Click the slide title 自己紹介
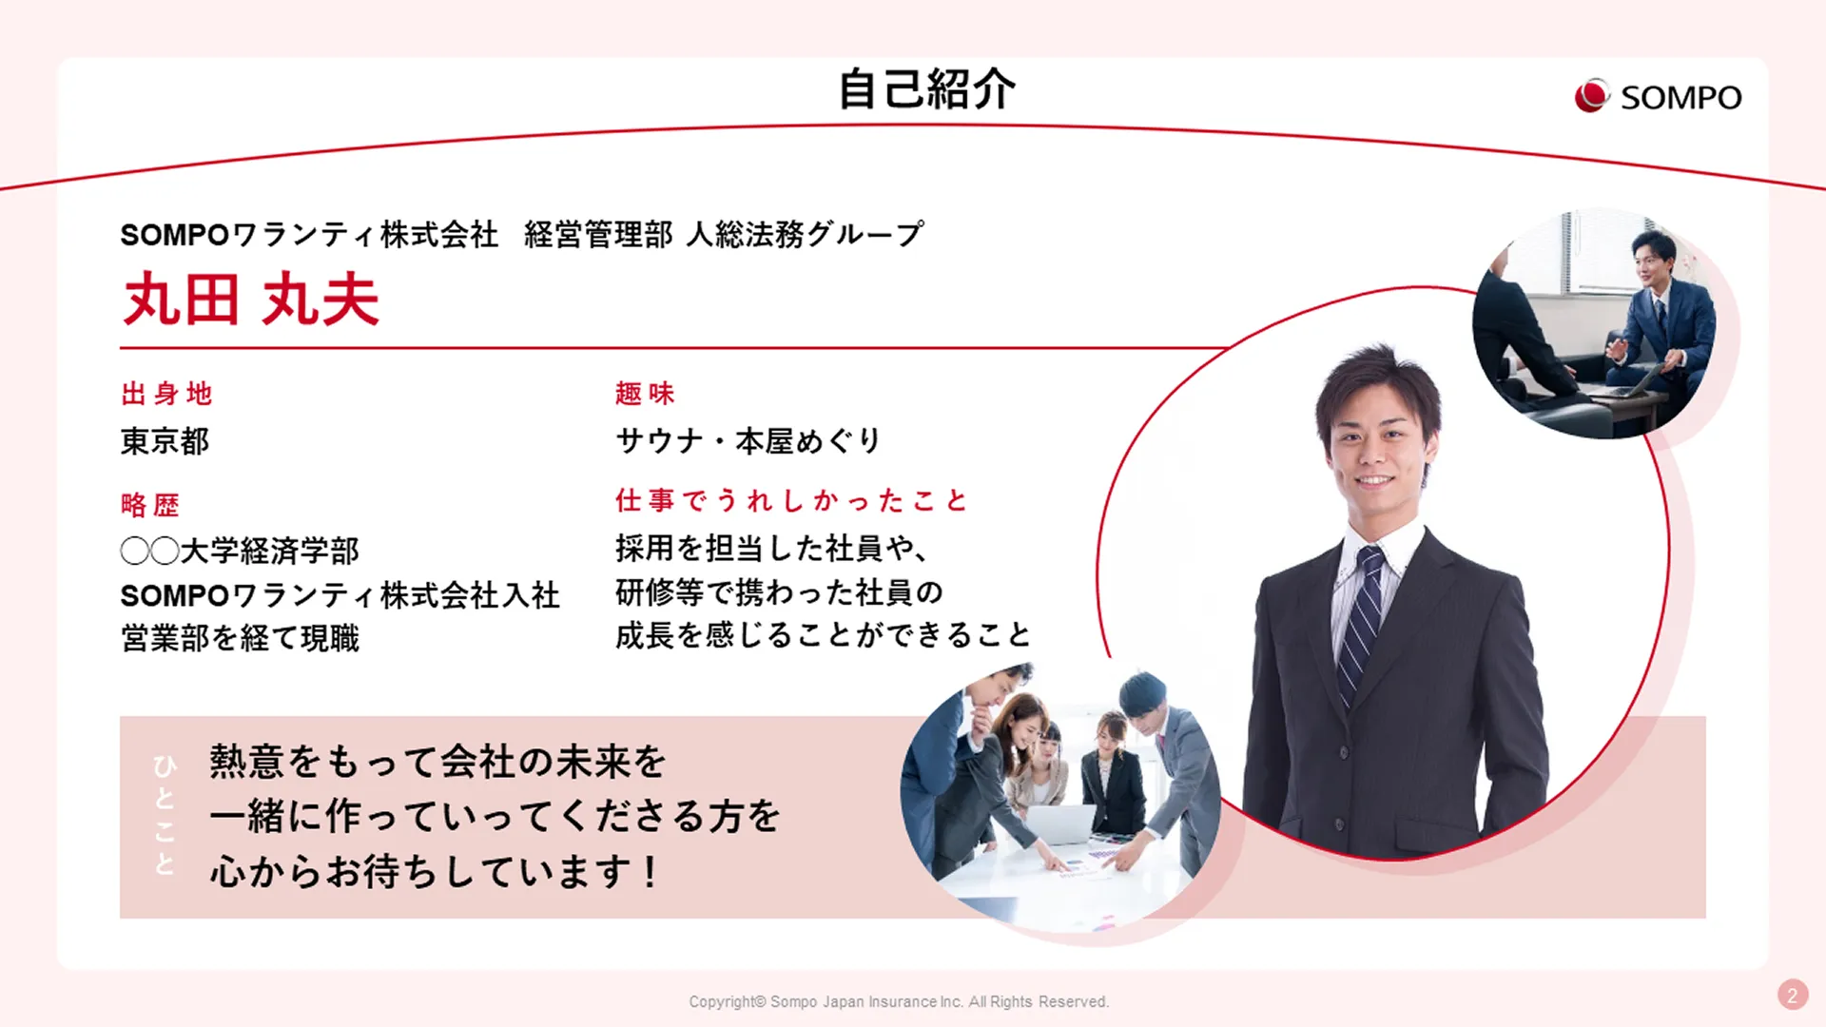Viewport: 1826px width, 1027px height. pyautogui.click(x=926, y=89)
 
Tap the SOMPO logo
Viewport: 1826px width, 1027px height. pyautogui.click(x=1658, y=96)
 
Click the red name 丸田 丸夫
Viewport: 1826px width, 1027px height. pyautogui.click(x=251, y=300)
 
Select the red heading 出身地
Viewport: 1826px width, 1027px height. pyautogui.click(x=166, y=394)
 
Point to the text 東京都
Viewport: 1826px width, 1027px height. pyautogui.click(x=165, y=441)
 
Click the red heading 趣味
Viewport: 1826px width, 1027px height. pyautogui.click(x=645, y=394)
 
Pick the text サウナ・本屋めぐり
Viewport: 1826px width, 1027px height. pyautogui.click(x=748, y=441)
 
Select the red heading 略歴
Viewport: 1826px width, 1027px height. pyautogui.click(x=150, y=505)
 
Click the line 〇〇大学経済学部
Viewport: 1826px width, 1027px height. pyautogui.click(x=240, y=551)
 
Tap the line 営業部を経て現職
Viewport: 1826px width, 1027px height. pyautogui.click(x=240, y=638)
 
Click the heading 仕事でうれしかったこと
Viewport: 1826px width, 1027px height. pyautogui.click(x=791, y=500)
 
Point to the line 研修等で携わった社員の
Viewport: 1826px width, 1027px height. pyautogui.click(x=779, y=592)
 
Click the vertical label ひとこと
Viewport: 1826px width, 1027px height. pyautogui.click(x=165, y=815)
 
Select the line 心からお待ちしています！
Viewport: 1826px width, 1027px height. pyautogui.click(x=435, y=871)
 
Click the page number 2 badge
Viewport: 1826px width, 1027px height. pyautogui.click(x=1793, y=996)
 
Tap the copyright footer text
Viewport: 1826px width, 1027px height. pyautogui.click(x=899, y=1001)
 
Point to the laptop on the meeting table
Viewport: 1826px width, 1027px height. pyautogui.click(x=1061, y=824)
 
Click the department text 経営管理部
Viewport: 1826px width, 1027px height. pyautogui.click(x=598, y=235)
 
